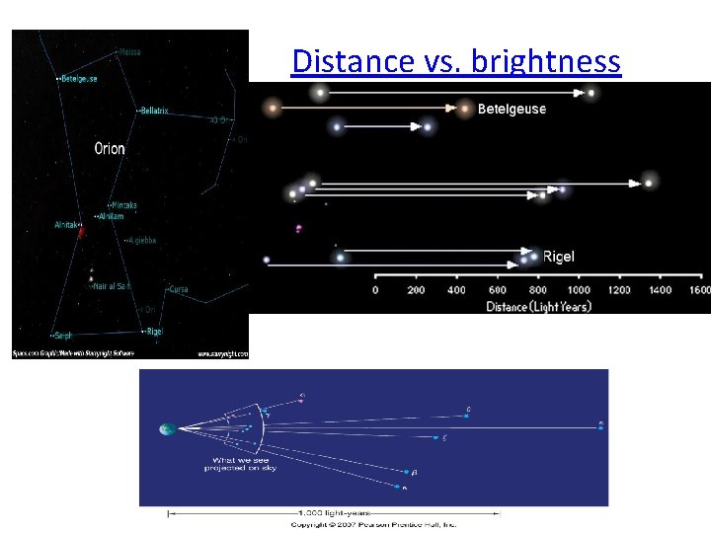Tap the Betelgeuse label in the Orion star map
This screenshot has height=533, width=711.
[79, 79]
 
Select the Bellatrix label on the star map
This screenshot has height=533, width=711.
[154, 111]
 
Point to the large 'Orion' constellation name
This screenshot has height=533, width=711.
[110, 149]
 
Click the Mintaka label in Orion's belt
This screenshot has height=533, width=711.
[124, 205]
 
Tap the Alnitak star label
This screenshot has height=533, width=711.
[66, 225]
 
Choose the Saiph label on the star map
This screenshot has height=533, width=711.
[63, 336]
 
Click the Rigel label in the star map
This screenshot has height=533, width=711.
[153, 332]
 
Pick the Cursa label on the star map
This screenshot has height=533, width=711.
[178, 289]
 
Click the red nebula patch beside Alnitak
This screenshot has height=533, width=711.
[81, 232]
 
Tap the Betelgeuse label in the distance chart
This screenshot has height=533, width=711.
[512, 109]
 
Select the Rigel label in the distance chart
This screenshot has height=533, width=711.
[559, 257]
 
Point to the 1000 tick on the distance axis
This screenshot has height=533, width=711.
[579, 289]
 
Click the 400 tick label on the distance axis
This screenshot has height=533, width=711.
[456, 289]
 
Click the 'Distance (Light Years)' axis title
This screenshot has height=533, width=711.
[538, 306]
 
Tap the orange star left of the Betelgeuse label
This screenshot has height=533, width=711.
[465, 109]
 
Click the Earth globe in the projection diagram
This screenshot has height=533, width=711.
[167, 429]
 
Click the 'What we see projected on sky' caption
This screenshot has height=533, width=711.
[241, 463]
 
